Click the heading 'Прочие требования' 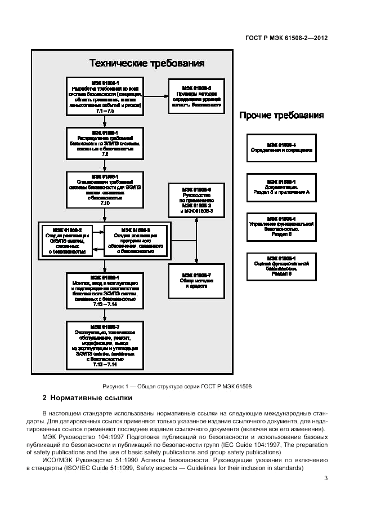[x=281, y=116]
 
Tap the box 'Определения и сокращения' [x=281, y=148]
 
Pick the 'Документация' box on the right [x=281, y=188]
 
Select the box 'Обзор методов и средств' [x=196, y=280]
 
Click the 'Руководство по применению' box [x=196, y=200]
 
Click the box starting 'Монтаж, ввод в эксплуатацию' [x=104, y=291]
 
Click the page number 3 [x=326, y=479]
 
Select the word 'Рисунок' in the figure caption [x=114, y=386]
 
